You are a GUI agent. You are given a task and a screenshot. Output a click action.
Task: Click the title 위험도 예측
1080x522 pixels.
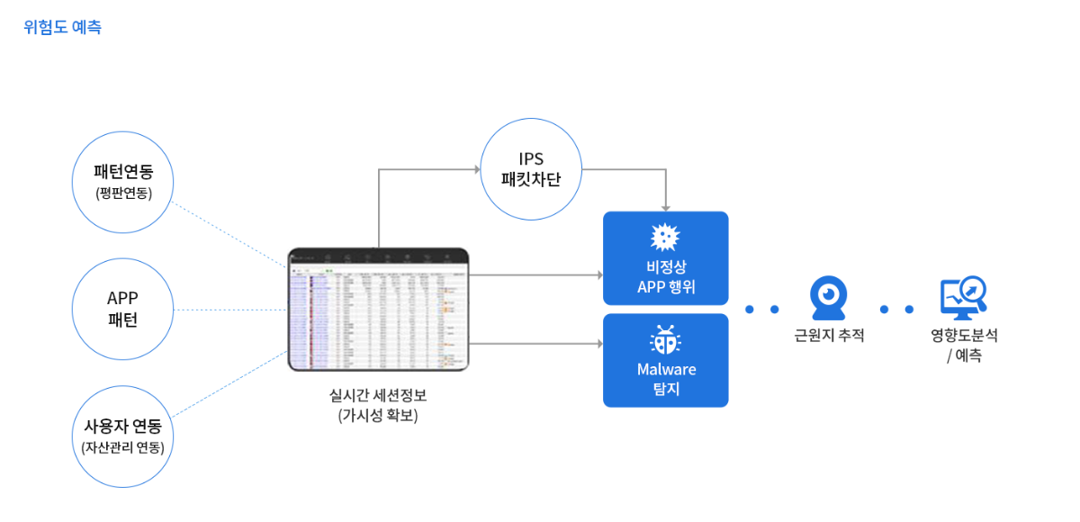coord(62,27)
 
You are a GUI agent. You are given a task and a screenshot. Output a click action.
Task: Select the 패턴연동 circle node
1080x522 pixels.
coord(122,182)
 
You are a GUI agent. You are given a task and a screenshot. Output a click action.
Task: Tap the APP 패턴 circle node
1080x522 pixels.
coord(122,309)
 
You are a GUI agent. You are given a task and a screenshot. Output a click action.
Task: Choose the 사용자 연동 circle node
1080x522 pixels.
coord(122,436)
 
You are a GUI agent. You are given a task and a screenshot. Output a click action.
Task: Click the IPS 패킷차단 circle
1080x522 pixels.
coord(531,169)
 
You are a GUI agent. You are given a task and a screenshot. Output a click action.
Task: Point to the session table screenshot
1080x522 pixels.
coord(378,310)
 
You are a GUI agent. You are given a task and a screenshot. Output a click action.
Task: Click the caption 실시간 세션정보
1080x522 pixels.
coord(378,395)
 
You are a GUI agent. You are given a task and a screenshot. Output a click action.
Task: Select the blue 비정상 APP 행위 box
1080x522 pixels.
coord(665,258)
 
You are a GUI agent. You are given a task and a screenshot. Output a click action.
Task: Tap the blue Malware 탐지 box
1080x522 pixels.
coord(665,360)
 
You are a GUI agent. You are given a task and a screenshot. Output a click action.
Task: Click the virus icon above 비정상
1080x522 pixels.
coord(665,238)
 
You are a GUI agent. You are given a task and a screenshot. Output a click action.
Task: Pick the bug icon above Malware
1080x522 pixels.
coord(665,341)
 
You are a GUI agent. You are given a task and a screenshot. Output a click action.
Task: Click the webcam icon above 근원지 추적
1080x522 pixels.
coord(828,297)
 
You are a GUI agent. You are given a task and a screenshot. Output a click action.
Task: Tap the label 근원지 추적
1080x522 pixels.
coord(829,336)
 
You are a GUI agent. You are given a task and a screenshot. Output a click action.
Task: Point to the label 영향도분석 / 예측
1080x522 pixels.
coord(964,345)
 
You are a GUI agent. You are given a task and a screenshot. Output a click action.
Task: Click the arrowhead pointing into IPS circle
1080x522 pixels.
coord(477,169)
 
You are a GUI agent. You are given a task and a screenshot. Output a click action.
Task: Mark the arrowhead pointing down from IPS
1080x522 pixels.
coord(666,206)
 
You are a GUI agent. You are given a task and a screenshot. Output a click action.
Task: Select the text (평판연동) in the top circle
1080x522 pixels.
coord(122,193)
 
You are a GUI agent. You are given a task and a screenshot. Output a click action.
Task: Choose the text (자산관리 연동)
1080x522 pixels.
coord(122,447)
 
